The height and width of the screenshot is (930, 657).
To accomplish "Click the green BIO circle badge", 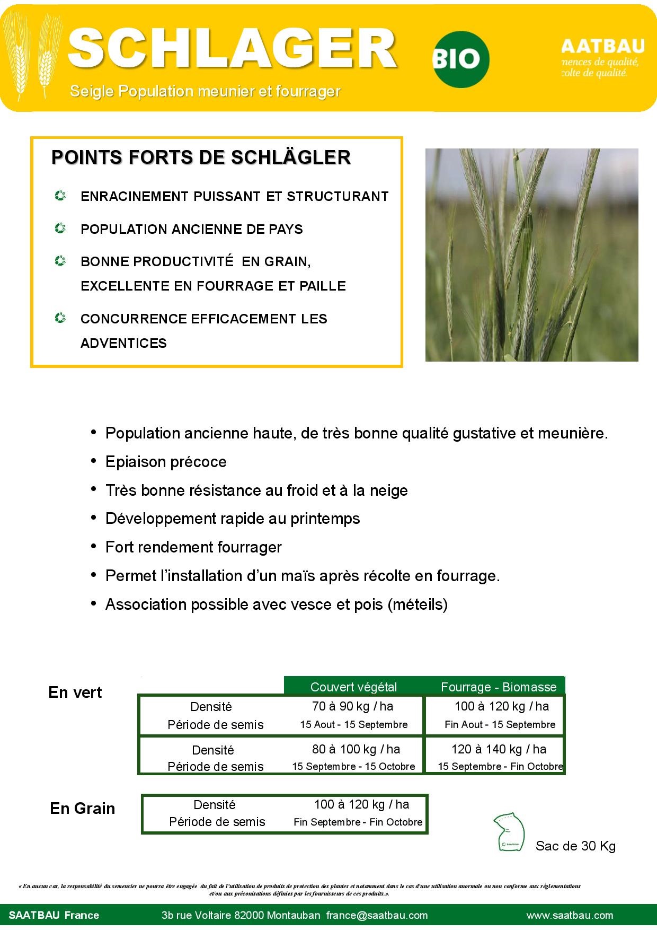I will pyautogui.click(x=460, y=59).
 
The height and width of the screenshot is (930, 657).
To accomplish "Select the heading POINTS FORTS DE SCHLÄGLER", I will pyautogui.click(x=201, y=157).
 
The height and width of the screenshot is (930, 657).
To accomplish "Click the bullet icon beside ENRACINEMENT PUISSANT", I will pyautogui.click(x=60, y=196).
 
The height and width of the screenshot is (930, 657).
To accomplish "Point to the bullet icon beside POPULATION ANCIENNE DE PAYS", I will pyautogui.click(x=60, y=229).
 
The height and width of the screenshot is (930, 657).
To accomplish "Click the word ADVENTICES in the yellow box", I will pyautogui.click(x=123, y=343).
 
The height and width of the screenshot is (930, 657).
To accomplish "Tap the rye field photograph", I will pyautogui.click(x=531, y=255).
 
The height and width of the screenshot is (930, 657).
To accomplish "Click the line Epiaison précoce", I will pyautogui.click(x=166, y=462).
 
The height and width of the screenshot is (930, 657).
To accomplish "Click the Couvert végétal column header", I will pyautogui.click(x=353, y=687).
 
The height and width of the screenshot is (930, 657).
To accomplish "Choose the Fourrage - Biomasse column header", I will pyautogui.click(x=499, y=687).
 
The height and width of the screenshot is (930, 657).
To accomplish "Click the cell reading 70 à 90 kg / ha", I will pyautogui.click(x=353, y=706).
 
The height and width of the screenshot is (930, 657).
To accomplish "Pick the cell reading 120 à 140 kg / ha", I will pyautogui.click(x=499, y=749).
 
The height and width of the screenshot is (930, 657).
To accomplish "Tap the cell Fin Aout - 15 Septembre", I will pyautogui.click(x=500, y=725).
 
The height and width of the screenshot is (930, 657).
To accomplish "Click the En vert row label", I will pyautogui.click(x=75, y=692).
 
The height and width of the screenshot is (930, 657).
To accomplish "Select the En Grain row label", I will pyautogui.click(x=83, y=809).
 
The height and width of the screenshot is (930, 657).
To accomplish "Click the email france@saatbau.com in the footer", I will pyautogui.click(x=377, y=915).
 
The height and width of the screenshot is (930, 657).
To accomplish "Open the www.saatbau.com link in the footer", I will pyautogui.click(x=570, y=915).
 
